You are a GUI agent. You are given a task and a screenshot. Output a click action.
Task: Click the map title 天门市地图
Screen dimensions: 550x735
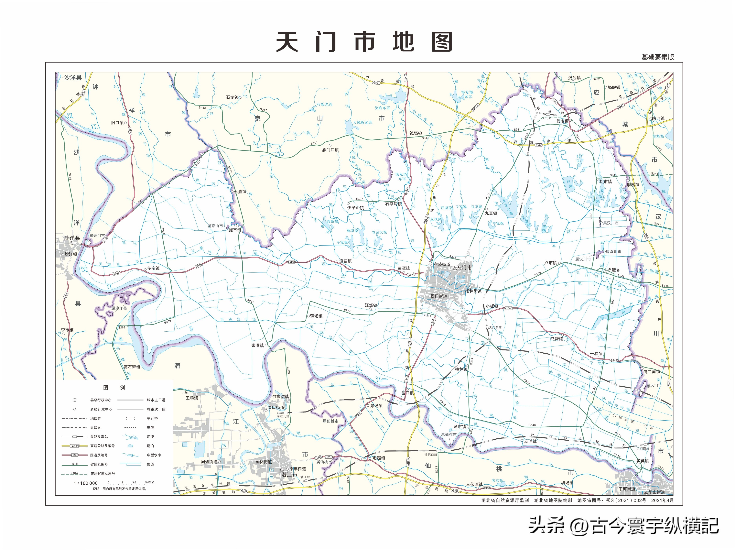[364, 42]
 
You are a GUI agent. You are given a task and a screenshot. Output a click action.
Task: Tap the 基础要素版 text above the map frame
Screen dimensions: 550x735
[658, 57]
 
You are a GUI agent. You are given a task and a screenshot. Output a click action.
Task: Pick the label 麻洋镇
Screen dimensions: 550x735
[530, 441]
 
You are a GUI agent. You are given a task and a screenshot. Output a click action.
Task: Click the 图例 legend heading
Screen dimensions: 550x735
[114, 388]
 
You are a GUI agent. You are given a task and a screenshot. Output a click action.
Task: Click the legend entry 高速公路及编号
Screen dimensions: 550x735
[103, 446]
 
